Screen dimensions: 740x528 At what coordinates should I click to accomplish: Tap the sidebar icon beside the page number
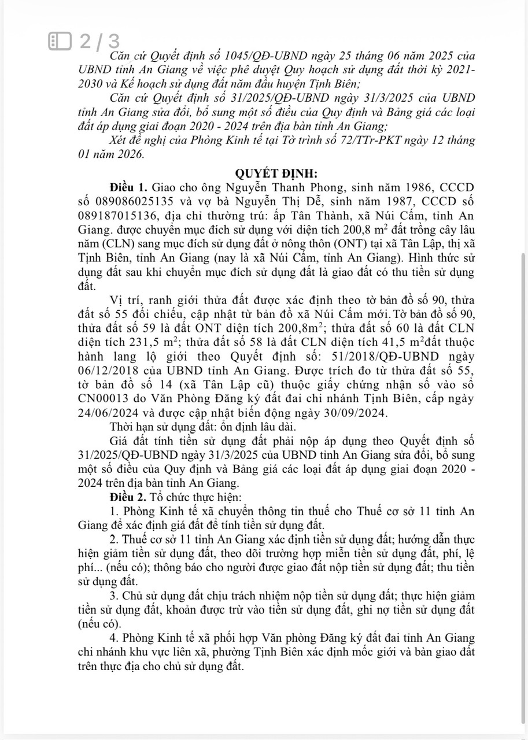pyautogui.click(x=60, y=42)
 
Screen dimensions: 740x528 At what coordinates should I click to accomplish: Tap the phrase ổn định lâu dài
pyautogui.click(x=259, y=427)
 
